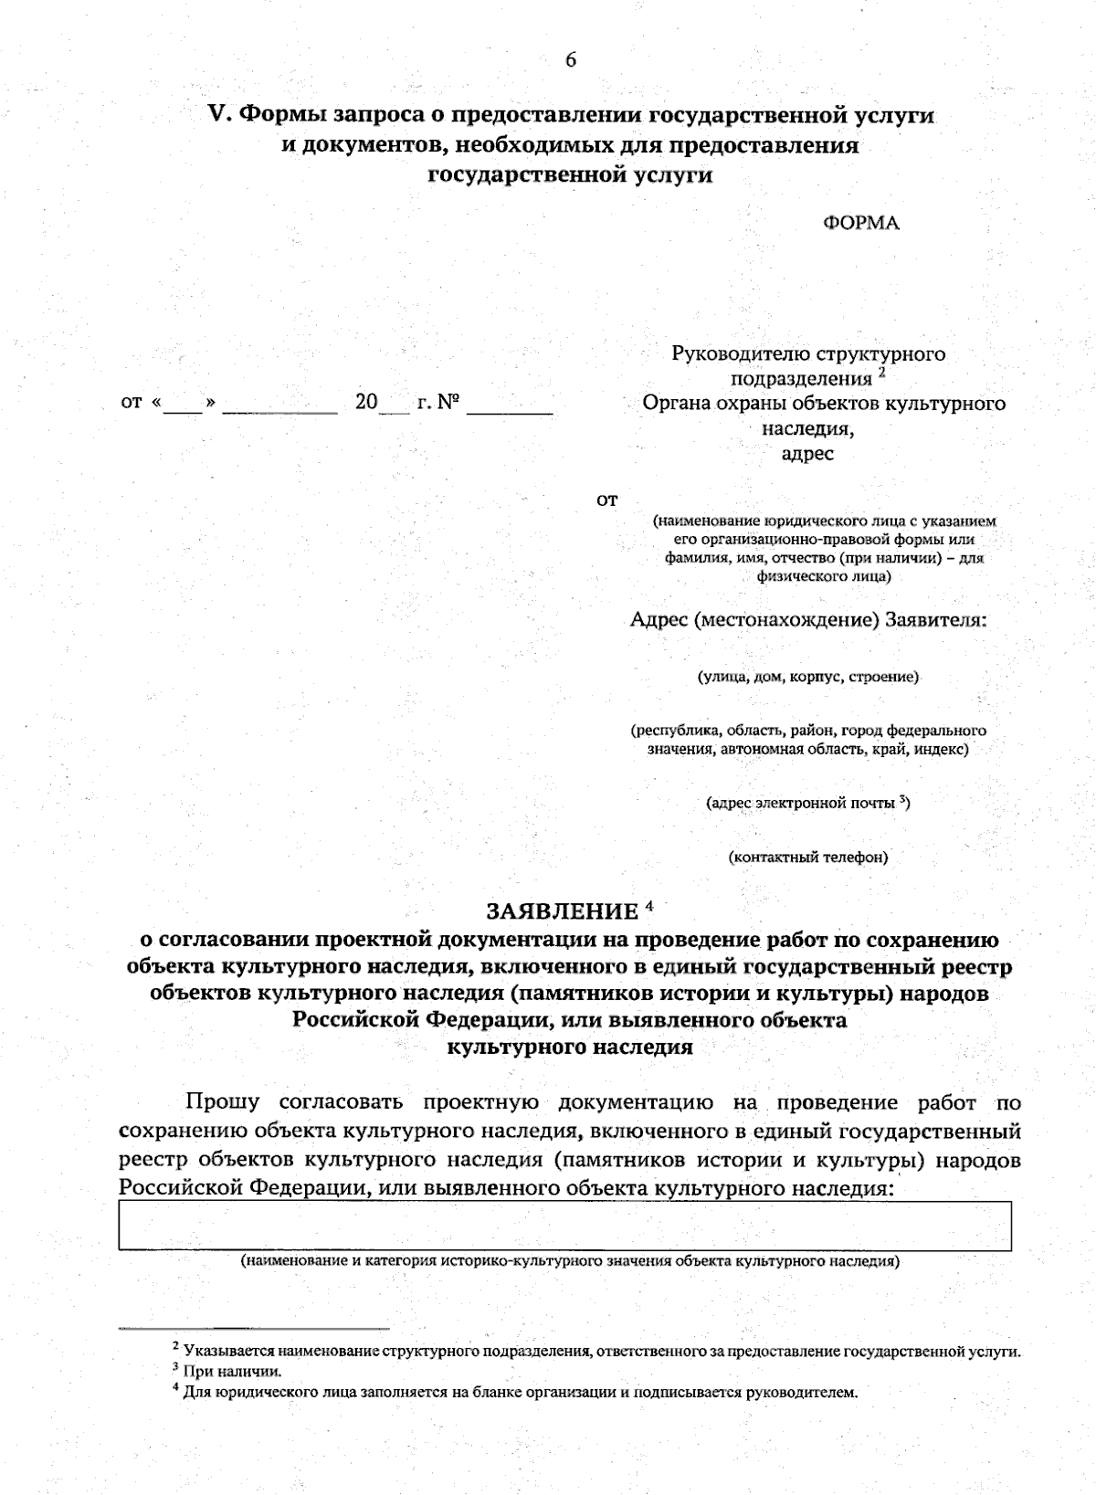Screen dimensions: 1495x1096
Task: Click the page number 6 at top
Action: tap(571, 60)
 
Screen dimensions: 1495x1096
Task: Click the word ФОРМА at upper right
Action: tap(861, 223)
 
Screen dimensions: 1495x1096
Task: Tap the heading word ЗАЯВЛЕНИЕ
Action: tap(562, 911)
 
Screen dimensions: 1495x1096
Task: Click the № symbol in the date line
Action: tap(448, 402)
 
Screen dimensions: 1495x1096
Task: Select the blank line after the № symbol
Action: tap(510, 409)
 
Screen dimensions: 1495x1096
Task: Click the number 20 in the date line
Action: tap(366, 402)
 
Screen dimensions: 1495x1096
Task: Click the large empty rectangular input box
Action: tap(564, 1225)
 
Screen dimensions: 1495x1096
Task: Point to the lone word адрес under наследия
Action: tap(808, 453)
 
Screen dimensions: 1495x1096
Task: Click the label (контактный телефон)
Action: tap(807, 857)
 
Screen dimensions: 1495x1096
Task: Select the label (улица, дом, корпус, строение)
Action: tap(808, 677)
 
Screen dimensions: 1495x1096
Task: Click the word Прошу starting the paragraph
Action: tap(223, 1102)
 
